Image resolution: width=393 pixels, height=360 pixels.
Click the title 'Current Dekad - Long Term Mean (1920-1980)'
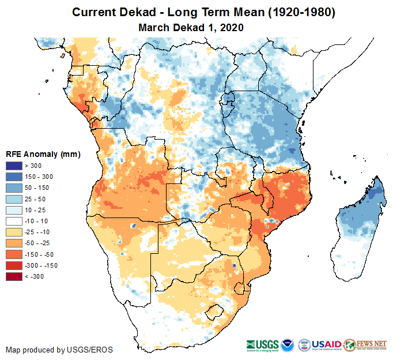click(196, 13)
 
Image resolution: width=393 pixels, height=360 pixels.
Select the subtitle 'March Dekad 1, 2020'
click(191, 28)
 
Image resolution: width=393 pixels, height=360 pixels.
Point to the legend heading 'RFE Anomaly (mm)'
click(43, 154)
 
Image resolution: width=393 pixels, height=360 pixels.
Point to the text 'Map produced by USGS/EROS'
click(59, 350)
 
